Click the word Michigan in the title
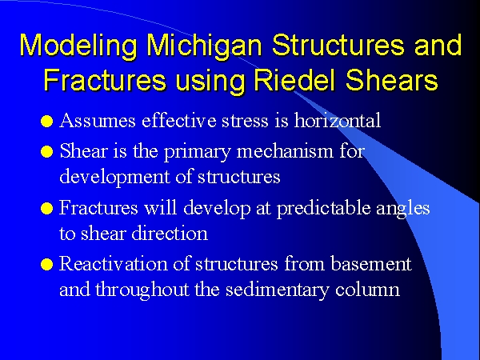click(x=204, y=46)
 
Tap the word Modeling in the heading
click(x=78, y=46)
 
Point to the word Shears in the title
click(x=391, y=79)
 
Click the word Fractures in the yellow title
click(x=105, y=79)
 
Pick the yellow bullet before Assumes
click(x=47, y=121)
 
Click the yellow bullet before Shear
click(x=47, y=151)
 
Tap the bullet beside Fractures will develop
click(x=47, y=209)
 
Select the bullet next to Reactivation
click(x=47, y=265)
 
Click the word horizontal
click(x=338, y=120)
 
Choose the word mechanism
click(x=285, y=151)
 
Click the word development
click(x=114, y=178)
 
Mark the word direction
click(x=170, y=234)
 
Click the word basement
click(x=371, y=264)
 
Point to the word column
click(x=368, y=290)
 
